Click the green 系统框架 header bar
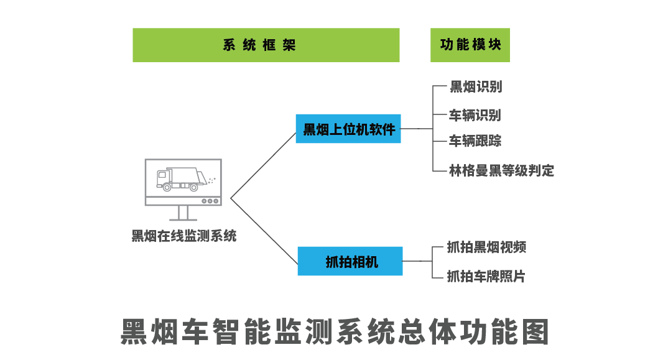(x=266, y=45)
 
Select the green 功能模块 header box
(x=470, y=45)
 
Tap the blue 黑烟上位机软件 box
(x=348, y=129)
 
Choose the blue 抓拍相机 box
(x=350, y=261)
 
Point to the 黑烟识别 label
(x=476, y=87)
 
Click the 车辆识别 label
(x=475, y=115)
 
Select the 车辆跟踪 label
(x=475, y=141)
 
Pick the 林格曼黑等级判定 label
(x=501, y=170)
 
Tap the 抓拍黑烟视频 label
(x=486, y=247)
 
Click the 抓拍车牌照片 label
(x=486, y=276)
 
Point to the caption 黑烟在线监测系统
(x=184, y=236)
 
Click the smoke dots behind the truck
(x=211, y=180)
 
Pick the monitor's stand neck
(x=183, y=212)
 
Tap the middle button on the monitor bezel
(x=211, y=201)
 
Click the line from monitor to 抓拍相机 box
(x=264, y=229)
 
